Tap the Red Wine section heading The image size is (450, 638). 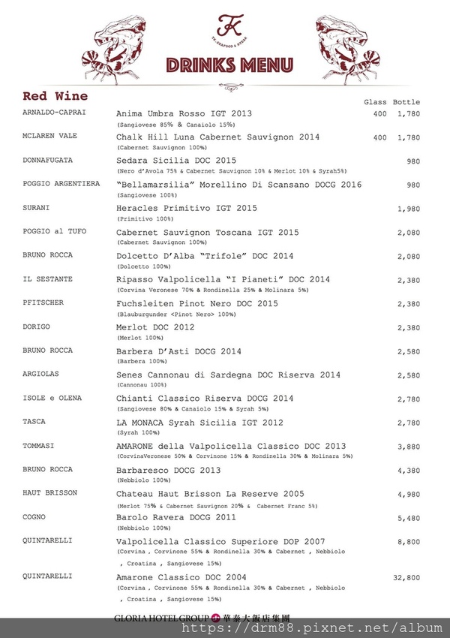tap(55, 96)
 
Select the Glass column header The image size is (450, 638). tap(374, 102)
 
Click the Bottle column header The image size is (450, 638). tap(406, 102)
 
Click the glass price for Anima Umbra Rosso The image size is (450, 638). tap(379, 114)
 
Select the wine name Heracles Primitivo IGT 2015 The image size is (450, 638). tap(187, 208)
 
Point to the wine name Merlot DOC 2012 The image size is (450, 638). tap(154, 327)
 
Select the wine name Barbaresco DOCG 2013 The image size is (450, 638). tap(168, 471)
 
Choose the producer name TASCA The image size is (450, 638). tap(34, 422)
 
